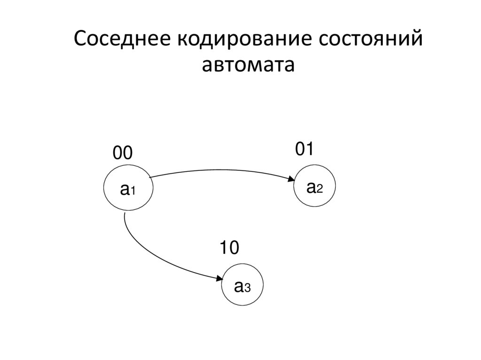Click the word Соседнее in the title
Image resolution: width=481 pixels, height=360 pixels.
121,39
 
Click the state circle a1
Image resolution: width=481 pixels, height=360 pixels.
128,190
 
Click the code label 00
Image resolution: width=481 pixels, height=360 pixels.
123,153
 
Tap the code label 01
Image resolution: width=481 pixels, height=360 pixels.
304,149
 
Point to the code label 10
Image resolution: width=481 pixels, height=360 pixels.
230,248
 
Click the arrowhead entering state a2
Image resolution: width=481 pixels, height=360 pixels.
291,179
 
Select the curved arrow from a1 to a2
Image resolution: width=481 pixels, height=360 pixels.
221,170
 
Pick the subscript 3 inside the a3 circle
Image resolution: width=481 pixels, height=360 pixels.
247,287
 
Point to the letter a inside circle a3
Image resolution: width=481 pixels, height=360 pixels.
238,285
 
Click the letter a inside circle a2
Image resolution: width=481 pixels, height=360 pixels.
310,187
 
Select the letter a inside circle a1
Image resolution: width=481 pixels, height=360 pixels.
124,190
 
